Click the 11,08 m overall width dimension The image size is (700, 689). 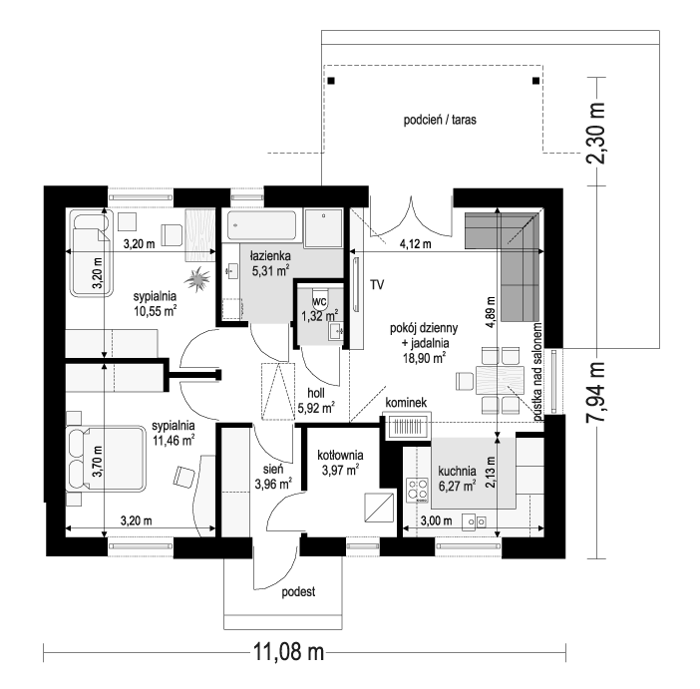(288, 652)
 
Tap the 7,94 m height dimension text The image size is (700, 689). (595, 392)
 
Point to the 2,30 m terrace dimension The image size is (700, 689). (595, 133)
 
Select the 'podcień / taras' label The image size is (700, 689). (440, 120)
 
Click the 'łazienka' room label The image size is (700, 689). (270, 256)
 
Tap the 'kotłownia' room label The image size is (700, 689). (340, 455)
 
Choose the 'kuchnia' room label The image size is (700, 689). (457, 471)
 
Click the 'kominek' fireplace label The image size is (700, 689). (406, 402)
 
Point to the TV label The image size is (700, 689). (377, 285)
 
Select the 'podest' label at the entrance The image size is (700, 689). (298, 592)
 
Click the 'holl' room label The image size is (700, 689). (316, 394)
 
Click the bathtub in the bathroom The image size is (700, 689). (261, 226)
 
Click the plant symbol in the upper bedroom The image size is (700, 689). (196, 279)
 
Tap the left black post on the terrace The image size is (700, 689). (331, 81)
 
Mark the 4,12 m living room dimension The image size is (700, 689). (415, 244)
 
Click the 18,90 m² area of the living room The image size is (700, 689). (424, 358)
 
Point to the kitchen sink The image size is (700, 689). (474, 521)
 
